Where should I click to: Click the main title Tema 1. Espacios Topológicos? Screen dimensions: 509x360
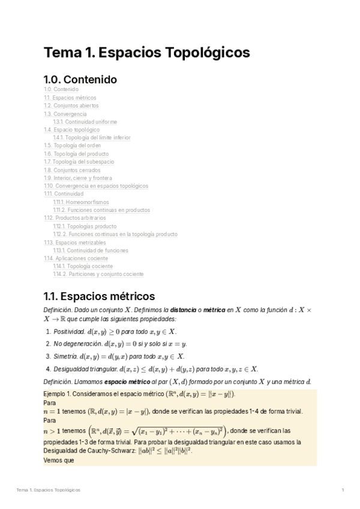tap(147, 53)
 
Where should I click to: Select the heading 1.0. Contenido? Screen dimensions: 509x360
tap(80, 79)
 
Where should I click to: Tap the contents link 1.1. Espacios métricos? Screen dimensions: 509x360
tap(70, 97)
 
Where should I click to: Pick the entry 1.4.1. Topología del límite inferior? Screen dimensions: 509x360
tap(91, 137)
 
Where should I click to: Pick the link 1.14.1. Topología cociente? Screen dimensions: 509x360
tap(82, 267)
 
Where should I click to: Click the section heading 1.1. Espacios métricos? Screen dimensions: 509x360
tap(99, 296)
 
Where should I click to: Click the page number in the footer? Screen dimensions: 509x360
tap(342, 490)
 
